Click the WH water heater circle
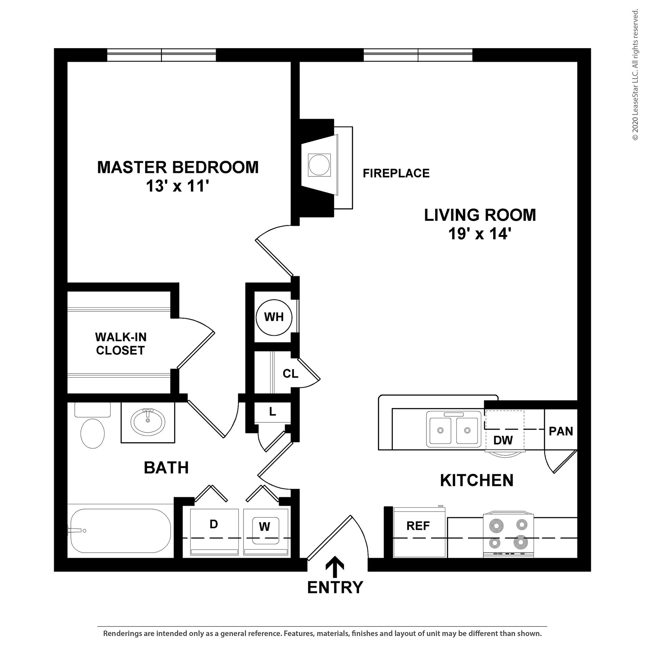274,317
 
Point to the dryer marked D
214,531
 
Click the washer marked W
265,531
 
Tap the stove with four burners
508,534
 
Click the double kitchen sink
454,430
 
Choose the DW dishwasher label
503,440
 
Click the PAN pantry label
561,431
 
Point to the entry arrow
335,567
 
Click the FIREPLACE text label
396,173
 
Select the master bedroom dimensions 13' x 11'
177,186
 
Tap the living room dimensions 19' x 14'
480,233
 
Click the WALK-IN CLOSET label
121,344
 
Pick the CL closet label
290,374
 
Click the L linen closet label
272,412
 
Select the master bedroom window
162,55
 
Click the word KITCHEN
477,480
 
